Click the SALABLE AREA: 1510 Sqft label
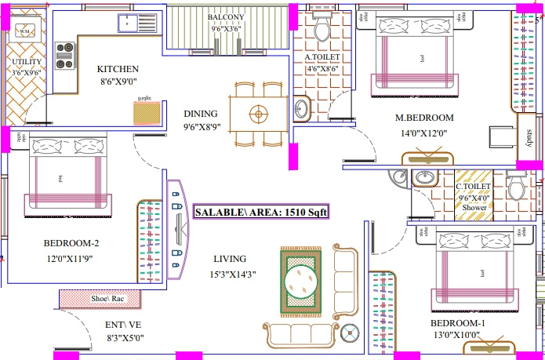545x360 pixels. pyautogui.click(x=260, y=212)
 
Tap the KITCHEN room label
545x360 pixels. pyautogui.click(x=118, y=69)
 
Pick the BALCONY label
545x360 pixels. pyautogui.click(x=227, y=16)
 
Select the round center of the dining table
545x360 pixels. pyautogui.click(x=257, y=115)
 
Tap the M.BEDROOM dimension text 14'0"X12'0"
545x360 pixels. pyautogui.click(x=423, y=133)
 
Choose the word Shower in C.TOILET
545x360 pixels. pyautogui.click(x=474, y=208)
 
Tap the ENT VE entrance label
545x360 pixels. pyautogui.click(x=123, y=325)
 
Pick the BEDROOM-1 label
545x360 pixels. pyautogui.click(x=457, y=324)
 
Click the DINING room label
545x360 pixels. pyautogui.click(x=201, y=113)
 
